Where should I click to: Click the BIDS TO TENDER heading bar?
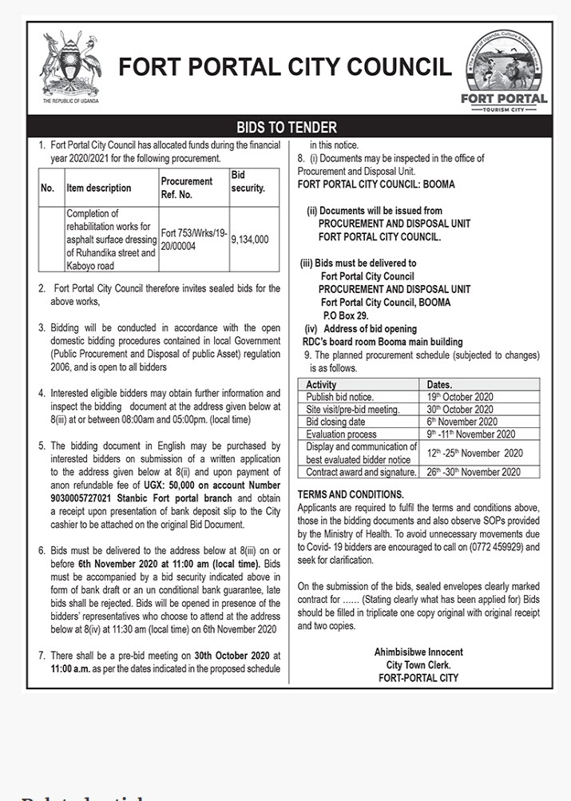(x=286, y=127)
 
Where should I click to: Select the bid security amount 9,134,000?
(x=250, y=238)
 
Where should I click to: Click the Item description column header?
(x=98, y=188)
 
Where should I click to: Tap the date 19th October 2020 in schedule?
(x=459, y=397)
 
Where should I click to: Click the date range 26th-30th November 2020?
(x=474, y=472)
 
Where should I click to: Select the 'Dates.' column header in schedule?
(x=440, y=384)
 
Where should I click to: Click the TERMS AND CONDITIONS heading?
(x=351, y=495)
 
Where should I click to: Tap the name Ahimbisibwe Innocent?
(x=418, y=652)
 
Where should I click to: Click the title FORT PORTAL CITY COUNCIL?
(x=285, y=68)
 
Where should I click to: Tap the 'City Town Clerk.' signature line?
(x=418, y=665)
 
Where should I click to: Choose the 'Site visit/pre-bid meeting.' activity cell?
(x=352, y=410)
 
